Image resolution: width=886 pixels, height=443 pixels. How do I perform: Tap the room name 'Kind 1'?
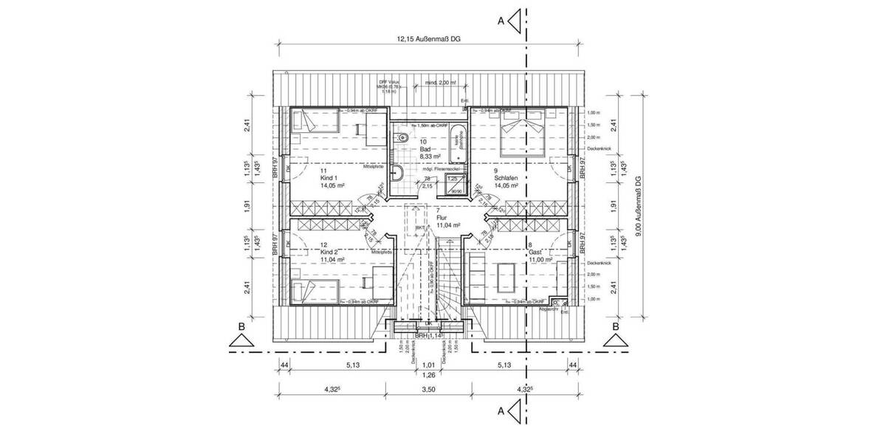coord(329,178)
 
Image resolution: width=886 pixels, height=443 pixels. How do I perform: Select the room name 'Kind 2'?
coord(329,252)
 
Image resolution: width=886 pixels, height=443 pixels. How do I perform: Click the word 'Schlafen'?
coord(505,178)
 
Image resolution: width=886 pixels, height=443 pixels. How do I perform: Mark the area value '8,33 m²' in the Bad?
coord(430,157)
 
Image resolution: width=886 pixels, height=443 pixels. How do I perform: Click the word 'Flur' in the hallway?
coord(443,219)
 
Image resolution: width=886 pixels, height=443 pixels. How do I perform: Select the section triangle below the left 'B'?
coord(241,340)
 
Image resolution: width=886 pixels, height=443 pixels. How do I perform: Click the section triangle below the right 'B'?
coord(615,340)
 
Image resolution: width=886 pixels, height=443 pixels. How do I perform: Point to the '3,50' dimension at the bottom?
coord(429,389)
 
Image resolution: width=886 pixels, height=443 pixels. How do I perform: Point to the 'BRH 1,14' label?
coord(428,335)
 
